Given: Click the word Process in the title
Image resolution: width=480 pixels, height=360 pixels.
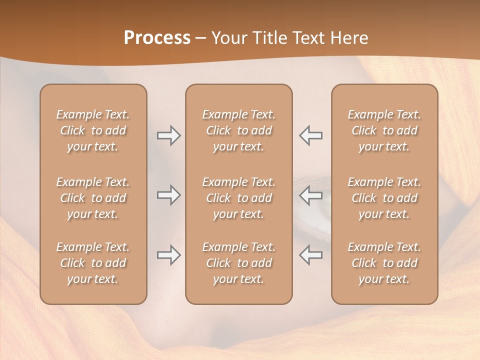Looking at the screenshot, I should coord(157,38).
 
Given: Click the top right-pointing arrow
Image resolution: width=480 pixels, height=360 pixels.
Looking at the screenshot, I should coord(168,135).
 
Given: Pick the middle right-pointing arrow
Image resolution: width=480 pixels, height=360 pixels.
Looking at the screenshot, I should coord(168,194).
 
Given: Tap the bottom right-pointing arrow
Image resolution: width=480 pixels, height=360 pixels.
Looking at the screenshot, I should coord(168,255).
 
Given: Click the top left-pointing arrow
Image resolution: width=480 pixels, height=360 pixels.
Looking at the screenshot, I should coord(310,135).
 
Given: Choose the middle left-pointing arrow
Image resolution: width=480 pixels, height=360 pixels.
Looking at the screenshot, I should coord(310,194).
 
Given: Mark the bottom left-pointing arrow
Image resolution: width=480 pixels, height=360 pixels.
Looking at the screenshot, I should coord(310,255).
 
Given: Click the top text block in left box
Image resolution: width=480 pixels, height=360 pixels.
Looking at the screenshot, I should coord(93,130).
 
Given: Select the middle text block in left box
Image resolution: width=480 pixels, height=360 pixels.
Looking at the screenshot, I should coord(93,198).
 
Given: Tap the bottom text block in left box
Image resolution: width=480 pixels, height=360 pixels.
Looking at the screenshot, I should coord(93,263).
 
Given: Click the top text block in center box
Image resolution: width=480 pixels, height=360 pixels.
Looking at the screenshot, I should coord(238,130).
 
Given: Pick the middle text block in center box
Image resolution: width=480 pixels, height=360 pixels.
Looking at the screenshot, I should coord(238,198).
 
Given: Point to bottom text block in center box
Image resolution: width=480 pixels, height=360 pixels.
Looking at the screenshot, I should coord(238,263).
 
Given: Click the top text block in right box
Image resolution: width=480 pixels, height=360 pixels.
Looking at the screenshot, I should coord(384,130).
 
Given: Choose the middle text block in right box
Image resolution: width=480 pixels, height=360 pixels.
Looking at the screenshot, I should coord(384,198).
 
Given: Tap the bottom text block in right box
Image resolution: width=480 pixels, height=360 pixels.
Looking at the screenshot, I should coord(384,263).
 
